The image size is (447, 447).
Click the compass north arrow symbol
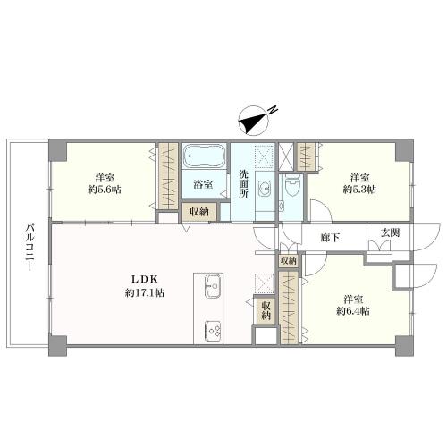coord(254,121)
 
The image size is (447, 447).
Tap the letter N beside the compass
coord(273,109)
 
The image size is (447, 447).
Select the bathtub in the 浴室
coord(203,156)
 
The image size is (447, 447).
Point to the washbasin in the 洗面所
coord(265,189)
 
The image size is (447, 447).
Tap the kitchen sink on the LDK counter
coord(213,286)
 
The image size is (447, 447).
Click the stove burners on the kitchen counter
coord(213,332)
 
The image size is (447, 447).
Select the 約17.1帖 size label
coord(145,293)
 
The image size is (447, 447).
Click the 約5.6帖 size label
coord(105,190)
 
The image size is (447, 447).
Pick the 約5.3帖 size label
coord(359,189)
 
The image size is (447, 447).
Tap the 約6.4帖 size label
coord(353,311)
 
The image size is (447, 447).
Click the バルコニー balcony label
coord(30,248)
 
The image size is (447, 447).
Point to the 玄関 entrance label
coord(390,232)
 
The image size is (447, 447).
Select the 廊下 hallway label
coord(330,238)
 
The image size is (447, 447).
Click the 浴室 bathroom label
coord(203,184)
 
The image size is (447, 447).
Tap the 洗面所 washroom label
coord(243,184)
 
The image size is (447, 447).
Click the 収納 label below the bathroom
coord(199,212)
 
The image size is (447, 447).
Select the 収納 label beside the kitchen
coord(266,311)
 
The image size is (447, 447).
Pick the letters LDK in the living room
coord(145,279)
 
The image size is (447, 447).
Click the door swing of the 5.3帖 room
coord(321,211)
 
